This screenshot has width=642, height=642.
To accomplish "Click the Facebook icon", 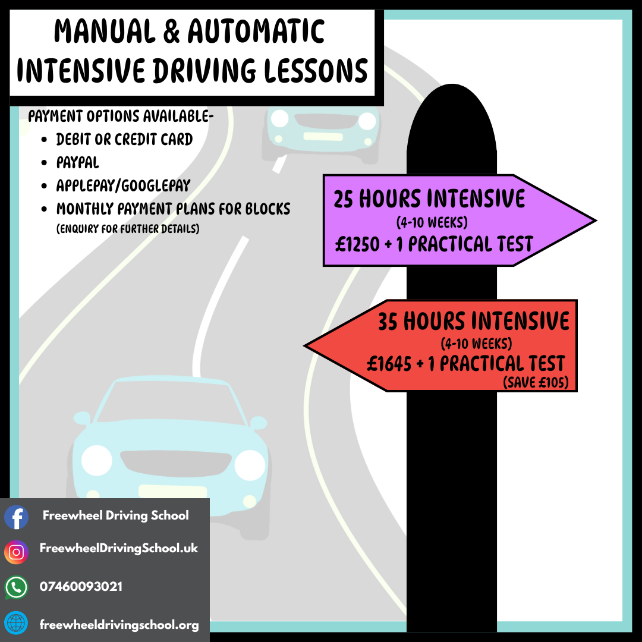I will click(x=16, y=517).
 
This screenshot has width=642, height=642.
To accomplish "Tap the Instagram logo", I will click(x=16, y=552).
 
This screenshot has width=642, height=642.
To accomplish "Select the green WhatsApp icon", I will click(x=16, y=587).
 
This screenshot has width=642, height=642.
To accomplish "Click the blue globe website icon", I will click(x=16, y=624).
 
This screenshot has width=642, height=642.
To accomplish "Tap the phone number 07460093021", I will click(x=81, y=587).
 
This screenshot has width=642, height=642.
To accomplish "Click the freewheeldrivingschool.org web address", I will click(x=119, y=625).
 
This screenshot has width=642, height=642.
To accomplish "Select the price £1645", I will click(x=389, y=363).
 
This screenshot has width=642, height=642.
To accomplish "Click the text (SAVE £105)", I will click(x=535, y=383).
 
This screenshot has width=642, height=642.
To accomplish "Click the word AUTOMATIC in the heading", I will click(x=256, y=33).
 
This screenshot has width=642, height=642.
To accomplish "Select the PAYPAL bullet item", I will click(x=78, y=162).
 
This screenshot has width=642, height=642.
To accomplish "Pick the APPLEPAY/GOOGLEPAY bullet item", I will click(x=122, y=185).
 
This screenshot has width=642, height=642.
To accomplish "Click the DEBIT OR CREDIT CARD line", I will click(x=124, y=139).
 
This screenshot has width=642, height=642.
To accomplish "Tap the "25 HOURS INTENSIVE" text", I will click(x=429, y=199).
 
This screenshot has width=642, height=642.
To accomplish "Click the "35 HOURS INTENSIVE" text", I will click(x=473, y=322).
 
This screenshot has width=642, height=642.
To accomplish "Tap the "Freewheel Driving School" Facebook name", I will click(x=115, y=515).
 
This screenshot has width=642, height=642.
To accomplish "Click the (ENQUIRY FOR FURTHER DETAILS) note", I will click(x=128, y=229).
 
